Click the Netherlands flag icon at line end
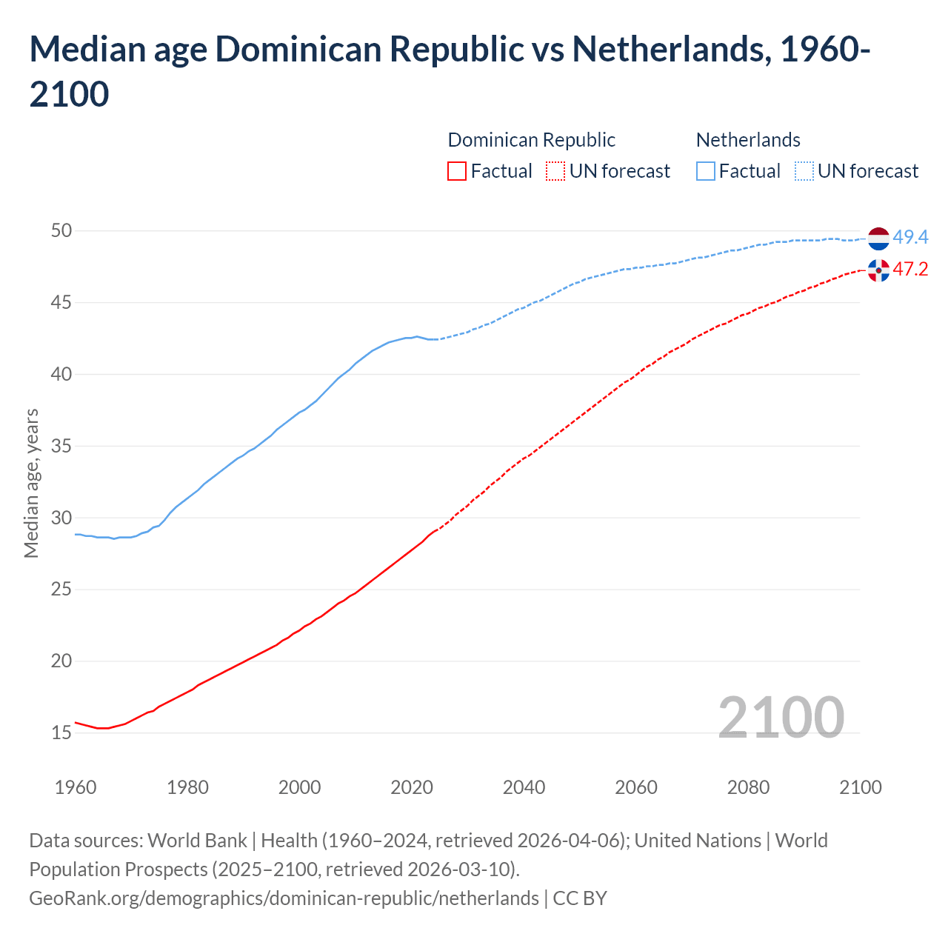click(878, 238)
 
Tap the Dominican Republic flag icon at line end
click(878, 270)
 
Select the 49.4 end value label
click(910, 237)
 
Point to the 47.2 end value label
click(910, 269)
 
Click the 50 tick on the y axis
click(61, 230)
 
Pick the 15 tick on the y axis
click(61, 732)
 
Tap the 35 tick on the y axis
click(61, 446)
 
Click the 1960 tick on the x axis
click(76, 787)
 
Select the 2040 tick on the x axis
click(524, 787)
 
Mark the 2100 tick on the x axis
click(860, 787)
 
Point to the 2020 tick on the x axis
click(412, 787)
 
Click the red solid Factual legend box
click(457, 171)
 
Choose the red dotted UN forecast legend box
click(555, 171)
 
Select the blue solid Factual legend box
click(706, 171)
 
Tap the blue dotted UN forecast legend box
click(804, 171)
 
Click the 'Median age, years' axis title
click(31, 483)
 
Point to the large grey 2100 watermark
click(781, 717)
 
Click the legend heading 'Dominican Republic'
click(531, 140)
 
